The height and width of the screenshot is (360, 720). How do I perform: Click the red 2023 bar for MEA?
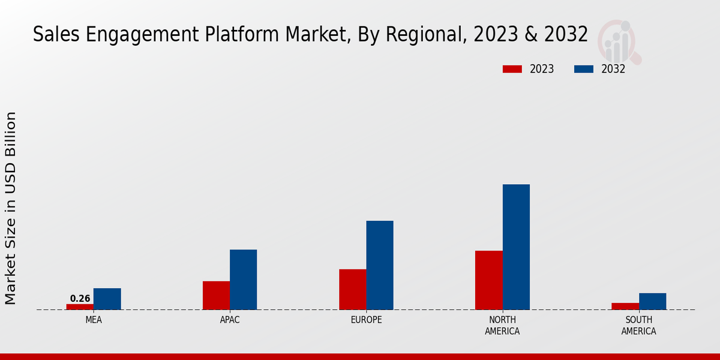80,307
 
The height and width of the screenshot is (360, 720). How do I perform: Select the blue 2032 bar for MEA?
107,299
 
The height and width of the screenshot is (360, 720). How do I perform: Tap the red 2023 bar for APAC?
216,295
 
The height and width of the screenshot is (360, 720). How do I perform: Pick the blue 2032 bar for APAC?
243,280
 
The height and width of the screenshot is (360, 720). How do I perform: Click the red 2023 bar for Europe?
352,289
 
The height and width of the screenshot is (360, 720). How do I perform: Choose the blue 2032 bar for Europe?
380,265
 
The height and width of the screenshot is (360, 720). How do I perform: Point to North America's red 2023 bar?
488,280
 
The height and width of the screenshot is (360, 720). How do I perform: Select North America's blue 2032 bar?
516,247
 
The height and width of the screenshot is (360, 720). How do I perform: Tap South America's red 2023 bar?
625,306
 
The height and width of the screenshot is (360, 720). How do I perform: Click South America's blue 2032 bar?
652,301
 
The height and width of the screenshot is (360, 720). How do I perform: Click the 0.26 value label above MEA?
80,298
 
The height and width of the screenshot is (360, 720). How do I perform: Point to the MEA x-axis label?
94,320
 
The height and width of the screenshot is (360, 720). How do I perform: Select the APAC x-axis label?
230,320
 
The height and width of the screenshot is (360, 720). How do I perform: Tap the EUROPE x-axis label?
366,320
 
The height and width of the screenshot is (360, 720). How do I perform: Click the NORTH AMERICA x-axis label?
502,325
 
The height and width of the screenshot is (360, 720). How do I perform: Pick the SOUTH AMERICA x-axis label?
638,325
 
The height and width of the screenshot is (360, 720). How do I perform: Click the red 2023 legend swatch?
512,69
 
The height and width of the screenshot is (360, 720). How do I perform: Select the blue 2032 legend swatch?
583,69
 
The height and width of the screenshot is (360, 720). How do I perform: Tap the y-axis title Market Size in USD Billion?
11,208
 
